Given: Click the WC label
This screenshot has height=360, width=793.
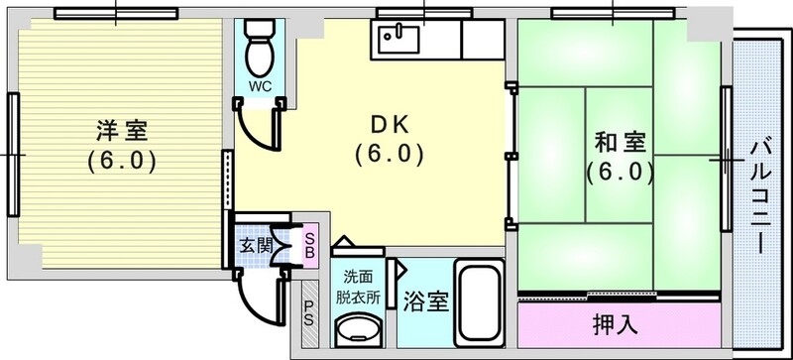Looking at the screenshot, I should [x=260, y=86].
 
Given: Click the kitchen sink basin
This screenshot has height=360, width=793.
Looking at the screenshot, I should [x=397, y=41].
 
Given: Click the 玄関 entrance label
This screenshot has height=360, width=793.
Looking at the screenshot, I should [x=255, y=245].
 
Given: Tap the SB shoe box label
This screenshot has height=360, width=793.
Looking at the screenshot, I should [x=310, y=242].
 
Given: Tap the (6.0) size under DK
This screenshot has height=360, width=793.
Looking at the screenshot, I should [x=390, y=154].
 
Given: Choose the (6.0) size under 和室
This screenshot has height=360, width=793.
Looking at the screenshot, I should [x=620, y=172].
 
